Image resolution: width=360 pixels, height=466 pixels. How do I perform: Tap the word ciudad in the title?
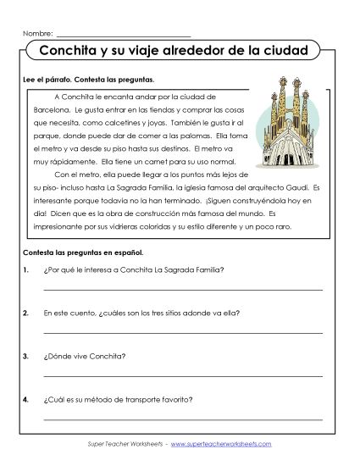click(285, 51)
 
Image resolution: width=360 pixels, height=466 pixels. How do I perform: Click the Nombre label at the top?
click(38, 33)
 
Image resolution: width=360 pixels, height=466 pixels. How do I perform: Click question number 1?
click(28, 270)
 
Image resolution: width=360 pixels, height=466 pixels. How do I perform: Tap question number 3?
click(28, 356)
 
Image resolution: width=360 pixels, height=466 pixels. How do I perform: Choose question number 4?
click(28, 398)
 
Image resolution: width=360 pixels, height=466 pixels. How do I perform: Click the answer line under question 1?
click(182, 290)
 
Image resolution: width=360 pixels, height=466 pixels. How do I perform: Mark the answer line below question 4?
click(182, 418)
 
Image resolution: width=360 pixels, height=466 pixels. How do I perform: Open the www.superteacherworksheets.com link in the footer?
click(226, 443)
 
